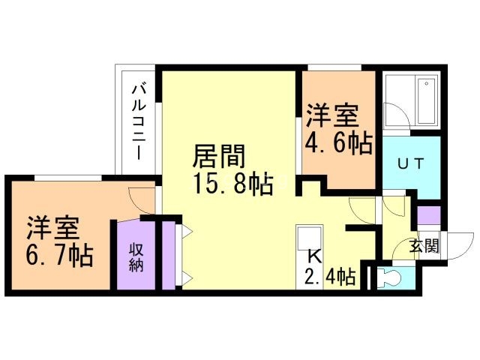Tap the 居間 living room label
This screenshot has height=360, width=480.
pyautogui.click(x=218, y=156)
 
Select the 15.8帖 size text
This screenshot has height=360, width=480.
pyautogui.click(x=233, y=184)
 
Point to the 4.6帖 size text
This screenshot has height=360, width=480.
pyautogui.click(x=338, y=142)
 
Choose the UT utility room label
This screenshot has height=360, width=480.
pyautogui.click(x=411, y=163)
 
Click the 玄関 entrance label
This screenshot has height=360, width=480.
pyautogui.click(x=424, y=246)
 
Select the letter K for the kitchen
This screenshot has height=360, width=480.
pyautogui.click(x=314, y=256)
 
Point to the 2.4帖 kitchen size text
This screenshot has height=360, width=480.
pyautogui.click(x=329, y=277)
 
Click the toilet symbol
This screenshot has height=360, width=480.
pyautogui.click(x=388, y=278)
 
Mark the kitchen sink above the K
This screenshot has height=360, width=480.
pyautogui.click(x=310, y=237)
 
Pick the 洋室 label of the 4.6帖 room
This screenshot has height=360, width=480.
pyautogui.click(x=333, y=116)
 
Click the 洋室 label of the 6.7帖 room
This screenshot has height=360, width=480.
pyautogui.click(x=52, y=228)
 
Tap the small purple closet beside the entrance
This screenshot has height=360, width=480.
pyautogui.click(x=429, y=215)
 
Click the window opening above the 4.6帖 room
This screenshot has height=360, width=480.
pyautogui.click(x=334, y=67)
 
